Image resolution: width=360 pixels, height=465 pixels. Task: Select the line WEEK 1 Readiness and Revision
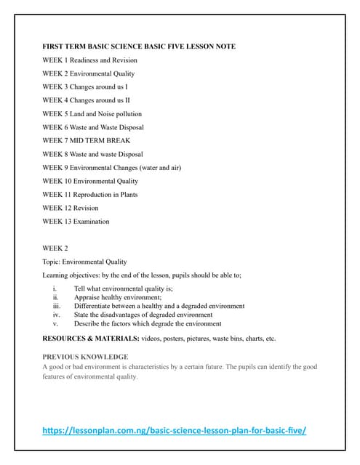click(x=89, y=60)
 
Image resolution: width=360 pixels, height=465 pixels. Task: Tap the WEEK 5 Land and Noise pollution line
click(x=92, y=114)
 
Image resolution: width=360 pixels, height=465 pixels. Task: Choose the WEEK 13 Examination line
click(x=76, y=222)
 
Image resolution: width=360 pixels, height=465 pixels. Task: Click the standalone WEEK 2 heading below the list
click(x=55, y=248)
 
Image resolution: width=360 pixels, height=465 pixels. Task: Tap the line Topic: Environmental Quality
click(x=84, y=262)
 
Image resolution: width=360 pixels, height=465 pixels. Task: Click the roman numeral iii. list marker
click(x=57, y=306)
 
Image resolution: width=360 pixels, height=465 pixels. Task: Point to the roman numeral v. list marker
click(x=56, y=323)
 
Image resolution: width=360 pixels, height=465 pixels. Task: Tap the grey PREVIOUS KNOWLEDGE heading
click(x=85, y=357)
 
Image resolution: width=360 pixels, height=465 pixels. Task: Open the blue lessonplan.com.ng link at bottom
click(x=174, y=430)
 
